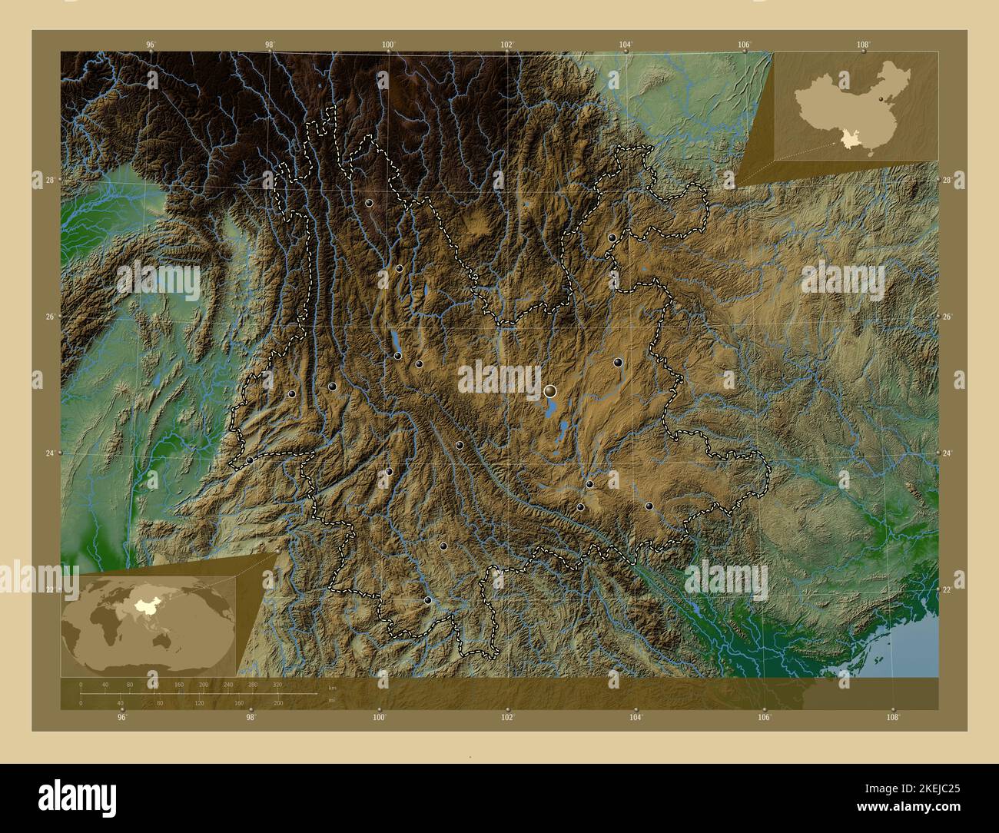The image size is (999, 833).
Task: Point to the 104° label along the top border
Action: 626,45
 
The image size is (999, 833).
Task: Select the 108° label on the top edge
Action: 865,45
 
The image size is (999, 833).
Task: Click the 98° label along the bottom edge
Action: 251,717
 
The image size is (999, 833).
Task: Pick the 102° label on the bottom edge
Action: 507,717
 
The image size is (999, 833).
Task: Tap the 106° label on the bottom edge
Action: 764,717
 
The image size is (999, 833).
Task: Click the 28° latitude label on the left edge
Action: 48,180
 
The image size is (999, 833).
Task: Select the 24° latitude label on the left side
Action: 48,453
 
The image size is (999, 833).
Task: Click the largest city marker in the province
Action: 550,392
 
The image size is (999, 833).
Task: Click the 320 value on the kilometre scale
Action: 277,684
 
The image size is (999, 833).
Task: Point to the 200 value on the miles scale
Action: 278,702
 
